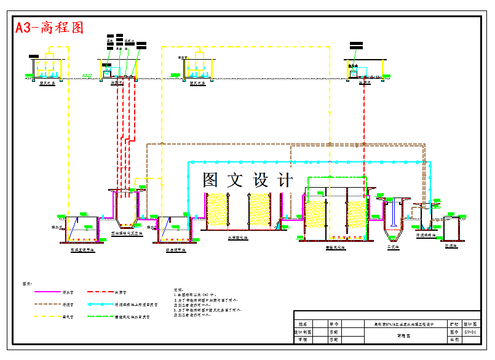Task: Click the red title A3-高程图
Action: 49,28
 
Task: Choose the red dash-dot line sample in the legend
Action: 100,292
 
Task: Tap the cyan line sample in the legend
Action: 100,305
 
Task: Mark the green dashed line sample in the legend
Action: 100,317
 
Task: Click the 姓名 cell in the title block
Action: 302,323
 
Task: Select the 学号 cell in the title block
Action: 335,323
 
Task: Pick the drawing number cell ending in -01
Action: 471,331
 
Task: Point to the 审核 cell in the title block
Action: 302,339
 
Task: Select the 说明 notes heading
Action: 179,288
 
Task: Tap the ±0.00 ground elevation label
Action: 88,75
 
